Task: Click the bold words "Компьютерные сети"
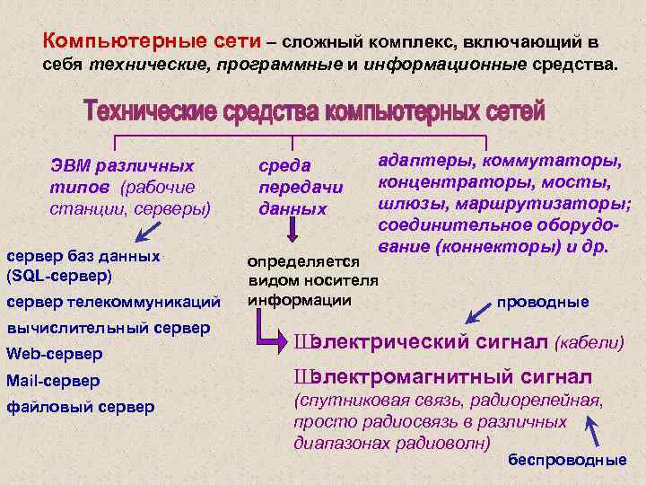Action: [x=153, y=41]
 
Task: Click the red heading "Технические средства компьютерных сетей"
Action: [x=313, y=112]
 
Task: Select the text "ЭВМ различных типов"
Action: [x=121, y=177]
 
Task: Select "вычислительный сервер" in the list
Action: [x=108, y=328]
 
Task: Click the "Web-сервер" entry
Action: [x=54, y=353]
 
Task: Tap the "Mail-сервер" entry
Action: [x=53, y=380]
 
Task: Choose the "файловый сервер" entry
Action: [x=80, y=407]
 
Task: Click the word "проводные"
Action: [x=549, y=302]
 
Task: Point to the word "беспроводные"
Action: [x=567, y=460]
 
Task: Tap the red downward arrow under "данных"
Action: [x=291, y=233]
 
